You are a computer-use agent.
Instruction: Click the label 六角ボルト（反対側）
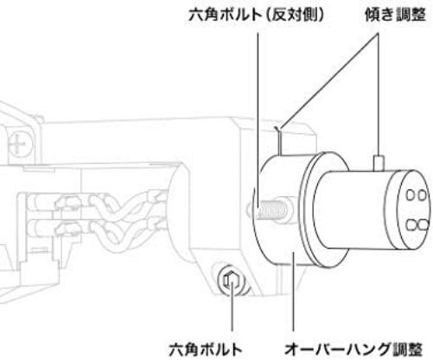256,15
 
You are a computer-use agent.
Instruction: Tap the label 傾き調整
395,15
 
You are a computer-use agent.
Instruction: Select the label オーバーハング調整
353,350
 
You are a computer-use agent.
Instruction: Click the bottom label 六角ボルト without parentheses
205,350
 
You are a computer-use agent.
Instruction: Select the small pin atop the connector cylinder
379,163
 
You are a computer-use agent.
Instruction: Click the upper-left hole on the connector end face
411,195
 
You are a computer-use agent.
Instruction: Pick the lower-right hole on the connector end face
423,225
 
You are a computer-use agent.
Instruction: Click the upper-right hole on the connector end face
422,195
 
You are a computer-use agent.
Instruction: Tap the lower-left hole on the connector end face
411,225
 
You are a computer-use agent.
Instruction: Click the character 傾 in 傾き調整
373,15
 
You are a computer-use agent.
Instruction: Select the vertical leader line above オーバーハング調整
293,292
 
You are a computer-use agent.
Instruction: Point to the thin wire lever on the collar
279,141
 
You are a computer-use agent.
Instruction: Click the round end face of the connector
415,211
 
